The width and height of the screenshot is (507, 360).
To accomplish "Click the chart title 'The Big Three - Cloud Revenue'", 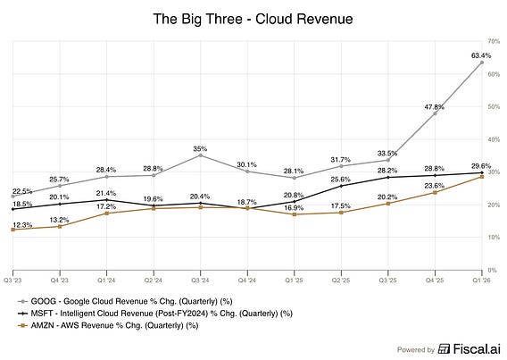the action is click(253, 19).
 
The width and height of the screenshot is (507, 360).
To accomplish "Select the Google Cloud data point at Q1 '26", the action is click(482, 63).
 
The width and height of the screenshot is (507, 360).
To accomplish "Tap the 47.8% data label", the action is click(434, 106).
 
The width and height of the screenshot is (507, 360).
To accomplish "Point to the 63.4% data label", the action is click(481, 55).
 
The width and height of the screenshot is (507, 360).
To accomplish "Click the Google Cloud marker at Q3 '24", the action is click(201, 155).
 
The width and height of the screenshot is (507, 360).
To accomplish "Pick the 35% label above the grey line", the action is click(200, 149).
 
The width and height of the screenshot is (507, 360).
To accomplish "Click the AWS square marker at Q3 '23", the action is click(12, 230).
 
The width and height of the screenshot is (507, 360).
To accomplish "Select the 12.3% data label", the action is click(22, 225).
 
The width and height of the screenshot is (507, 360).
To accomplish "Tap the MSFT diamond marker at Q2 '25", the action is click(341, 186).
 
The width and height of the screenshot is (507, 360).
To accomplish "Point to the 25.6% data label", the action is click(340, 180).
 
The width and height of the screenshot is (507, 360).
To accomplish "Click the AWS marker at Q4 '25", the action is click(435, 192).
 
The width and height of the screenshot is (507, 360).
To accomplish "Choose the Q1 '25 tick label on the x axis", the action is click(294, 280).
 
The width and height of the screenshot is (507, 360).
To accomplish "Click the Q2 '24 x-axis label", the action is click(154, 280).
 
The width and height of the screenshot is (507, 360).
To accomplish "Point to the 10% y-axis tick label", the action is click(494, 237).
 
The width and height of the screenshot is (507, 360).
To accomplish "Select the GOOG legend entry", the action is click(126, 301).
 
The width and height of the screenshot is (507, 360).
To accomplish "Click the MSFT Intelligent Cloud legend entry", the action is click(155, 314).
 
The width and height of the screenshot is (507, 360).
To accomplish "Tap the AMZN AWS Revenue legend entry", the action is click(108, 325).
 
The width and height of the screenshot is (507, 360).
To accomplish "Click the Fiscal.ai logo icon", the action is click(444, 349).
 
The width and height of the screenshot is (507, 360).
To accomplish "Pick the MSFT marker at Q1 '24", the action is click(107, 200).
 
